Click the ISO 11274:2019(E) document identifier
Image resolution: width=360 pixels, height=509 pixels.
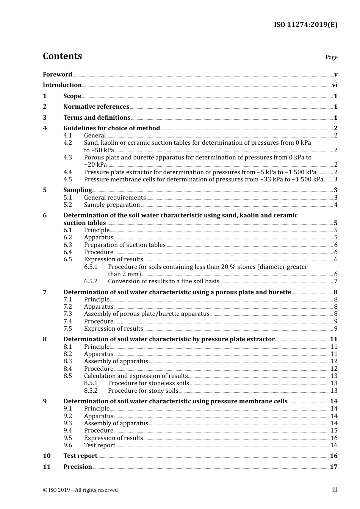point(305,25)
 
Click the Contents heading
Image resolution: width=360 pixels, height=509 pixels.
point(62,56)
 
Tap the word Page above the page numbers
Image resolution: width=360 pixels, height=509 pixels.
point(331,57)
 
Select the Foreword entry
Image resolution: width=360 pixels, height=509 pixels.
point(57,74)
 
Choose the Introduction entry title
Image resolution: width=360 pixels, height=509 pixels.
point(62,85)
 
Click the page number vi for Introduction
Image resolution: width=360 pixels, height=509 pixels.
point(335,85)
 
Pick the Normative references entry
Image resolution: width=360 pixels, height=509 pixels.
point(96,107)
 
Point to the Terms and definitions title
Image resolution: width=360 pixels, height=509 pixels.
point(97,117)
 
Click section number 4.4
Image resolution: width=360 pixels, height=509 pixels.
point(67,172)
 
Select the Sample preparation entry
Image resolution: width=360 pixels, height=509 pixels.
point(112,205)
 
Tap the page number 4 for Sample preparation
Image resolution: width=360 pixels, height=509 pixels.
point(336,205)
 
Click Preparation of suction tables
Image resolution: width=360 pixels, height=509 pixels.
point(125,245)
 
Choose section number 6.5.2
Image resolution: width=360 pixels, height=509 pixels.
point(91,281)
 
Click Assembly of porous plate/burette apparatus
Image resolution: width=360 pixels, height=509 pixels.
point(147,314)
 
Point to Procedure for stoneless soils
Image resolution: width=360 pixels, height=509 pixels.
point(149,383)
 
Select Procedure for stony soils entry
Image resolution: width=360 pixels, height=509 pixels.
point(143,391)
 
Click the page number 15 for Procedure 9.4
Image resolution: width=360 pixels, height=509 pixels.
point(334,431)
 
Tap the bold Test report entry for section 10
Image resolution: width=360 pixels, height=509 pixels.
point(80,456)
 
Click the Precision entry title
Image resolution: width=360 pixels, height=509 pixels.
point(78,467)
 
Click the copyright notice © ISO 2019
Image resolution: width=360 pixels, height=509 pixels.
point(80,490)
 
